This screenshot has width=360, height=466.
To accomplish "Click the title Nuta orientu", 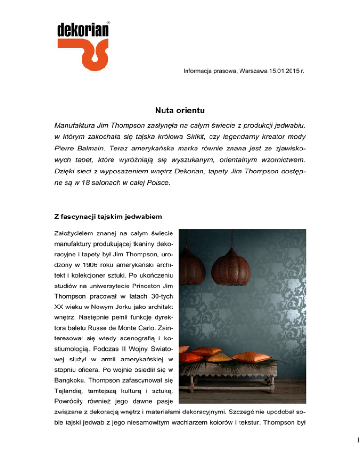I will [x=180, y=112].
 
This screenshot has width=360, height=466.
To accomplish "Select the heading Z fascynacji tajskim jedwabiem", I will [x=115, y=224].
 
